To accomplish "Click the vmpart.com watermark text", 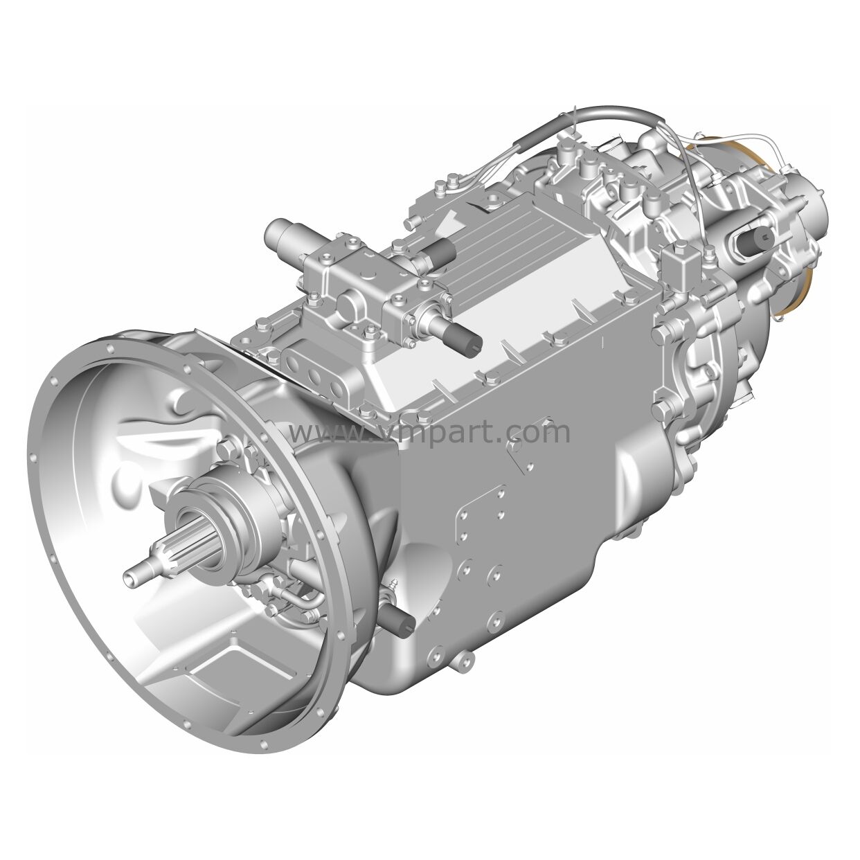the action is pyautogui.click(x=429, y=431).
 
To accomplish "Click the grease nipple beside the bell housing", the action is pyautogui.click(x=393, y=586).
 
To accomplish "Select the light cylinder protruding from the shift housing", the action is pyautogui.click(x=285, y=234).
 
